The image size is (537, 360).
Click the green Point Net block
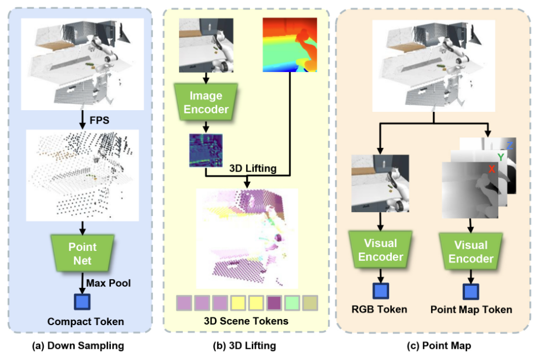pyautogui.click(x=82, y=253)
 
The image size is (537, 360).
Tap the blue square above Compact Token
pyautogui.click(x=82, y=302)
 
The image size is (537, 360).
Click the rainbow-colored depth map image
pyautogui.click(x=288, y=44)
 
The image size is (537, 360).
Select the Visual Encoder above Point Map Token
pyautogui.click(x=470, y=251)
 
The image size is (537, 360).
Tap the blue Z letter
pyautogui.click(x=509, y=145)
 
